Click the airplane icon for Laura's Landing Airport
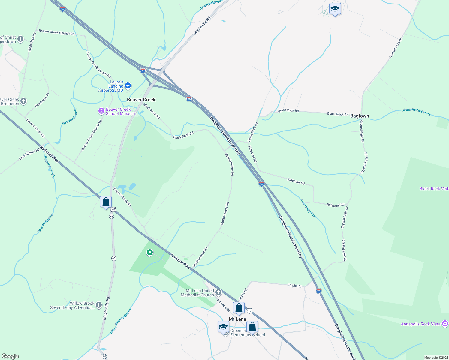pos(128,86)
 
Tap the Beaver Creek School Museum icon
pos(101,111)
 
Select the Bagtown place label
pos(360,116)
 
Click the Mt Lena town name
pos(237,319)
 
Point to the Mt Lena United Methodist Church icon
pos(219,292)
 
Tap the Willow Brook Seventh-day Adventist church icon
pos(99,305)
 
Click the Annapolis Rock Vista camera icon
pos(445,324)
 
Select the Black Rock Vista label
pos(434,189)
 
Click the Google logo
pos(10,356)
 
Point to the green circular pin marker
pos(149,253)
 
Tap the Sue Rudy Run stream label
pos(308,208)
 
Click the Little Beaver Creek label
pos(121,321)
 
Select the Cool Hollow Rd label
pos(29,154)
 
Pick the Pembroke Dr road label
pos(42,100)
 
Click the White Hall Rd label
pos(32,42)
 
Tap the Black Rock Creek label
pos(416,112)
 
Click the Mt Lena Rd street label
pos(224,305)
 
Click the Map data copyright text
pos(436,358)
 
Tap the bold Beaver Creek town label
pos(141,100)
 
